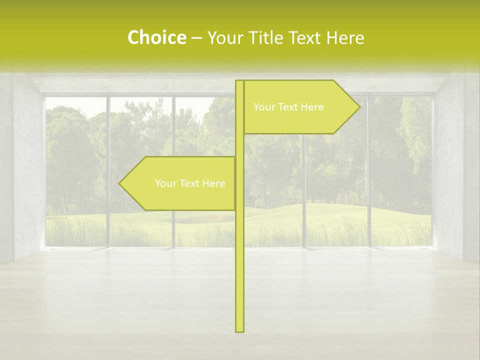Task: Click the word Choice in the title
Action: tap(156, 37)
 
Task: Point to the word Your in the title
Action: tap(225, 37)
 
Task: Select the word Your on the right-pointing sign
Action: tap(263, 107)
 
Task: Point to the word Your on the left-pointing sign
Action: tap(165, 183)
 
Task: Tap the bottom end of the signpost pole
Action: tap(239, 330)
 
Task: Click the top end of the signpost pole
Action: tap(239, 82)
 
